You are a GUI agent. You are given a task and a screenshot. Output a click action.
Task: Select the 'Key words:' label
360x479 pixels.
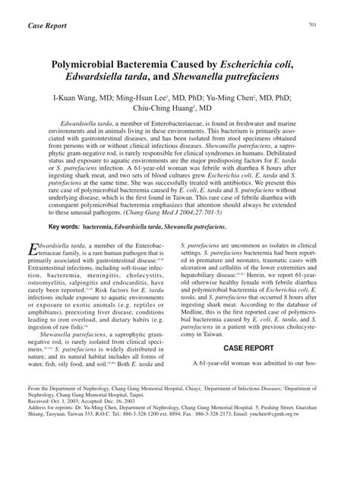coord(69,227)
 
